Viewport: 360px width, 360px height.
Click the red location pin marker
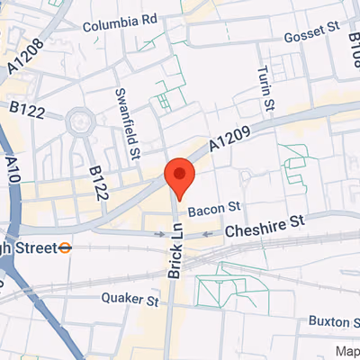pos(180,175)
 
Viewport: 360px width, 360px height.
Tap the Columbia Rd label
pos(119,25)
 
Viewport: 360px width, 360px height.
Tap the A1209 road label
pos(230,137)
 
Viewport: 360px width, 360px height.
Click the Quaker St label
pos(129,297)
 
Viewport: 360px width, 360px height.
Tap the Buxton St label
pos(334,319)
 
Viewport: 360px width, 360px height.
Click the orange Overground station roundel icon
pos(66,245)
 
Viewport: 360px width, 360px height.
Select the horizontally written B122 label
pos(28,108)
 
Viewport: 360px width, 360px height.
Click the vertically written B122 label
pos(98,181)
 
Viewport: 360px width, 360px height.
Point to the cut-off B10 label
pos(355,36)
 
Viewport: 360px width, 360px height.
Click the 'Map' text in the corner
pos(347,351)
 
